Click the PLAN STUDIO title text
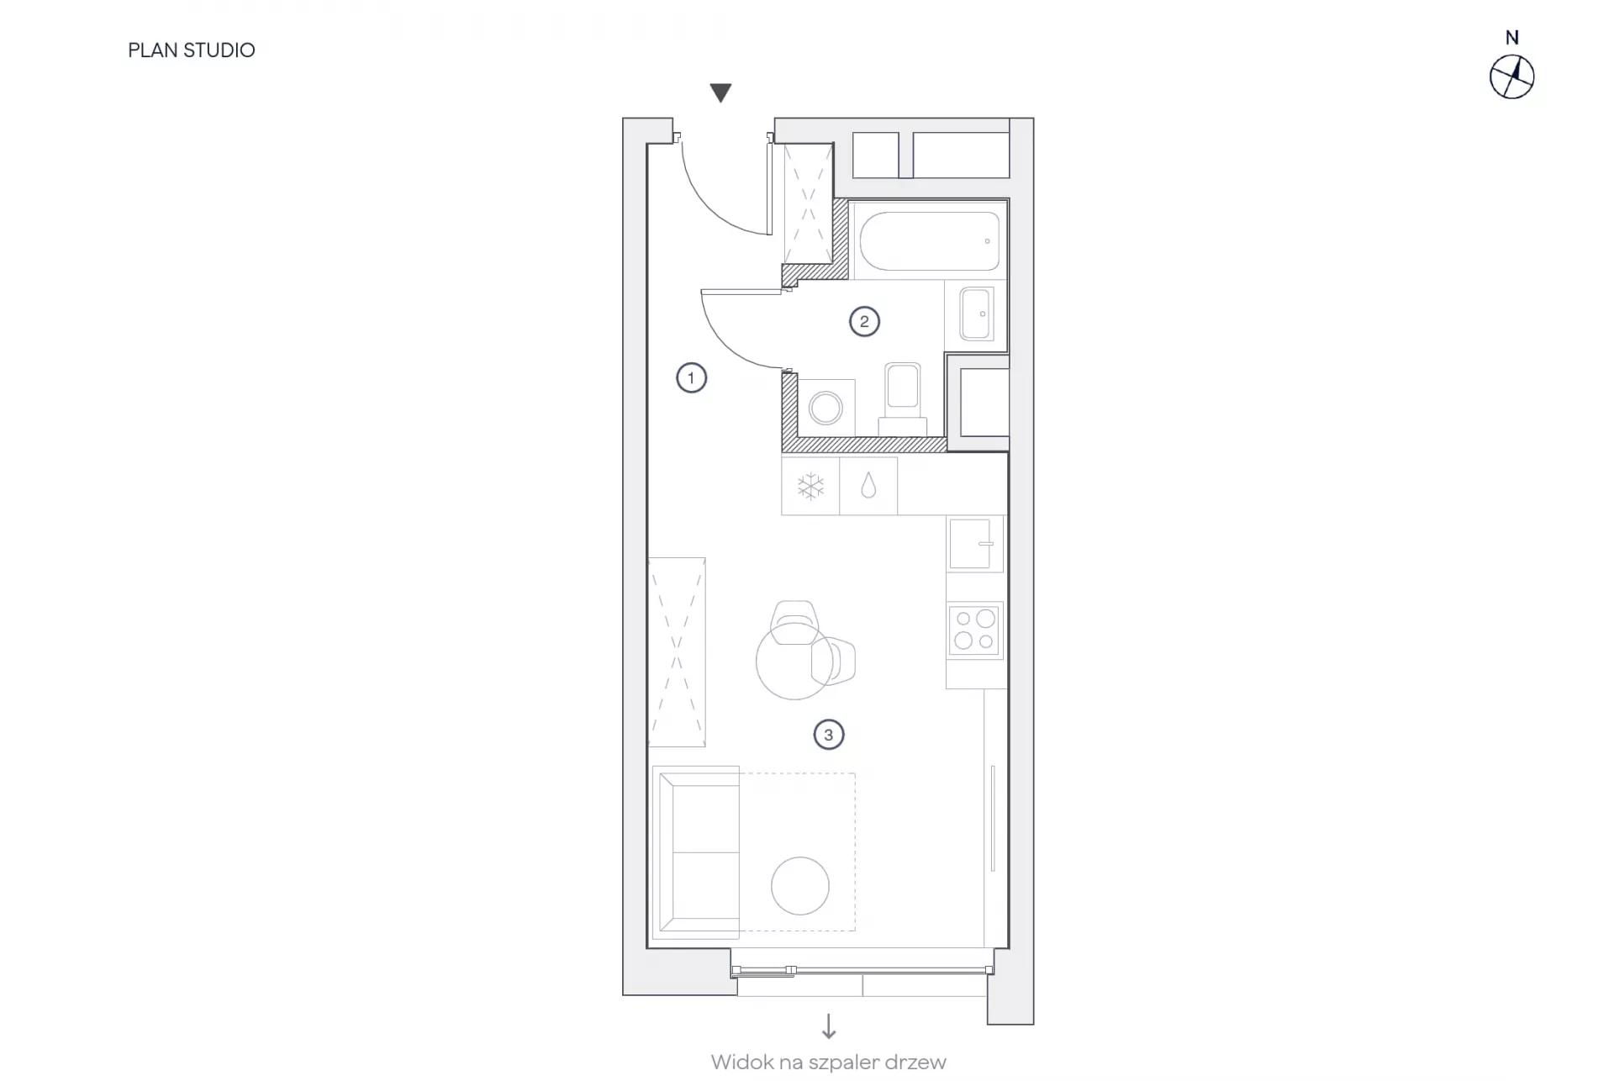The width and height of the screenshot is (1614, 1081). pyautogui.click(x=192, y=50)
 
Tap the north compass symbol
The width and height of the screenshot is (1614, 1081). pyautogui.click(x=1511, y=77)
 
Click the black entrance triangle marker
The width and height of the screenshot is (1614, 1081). pyautogui.click(x=720, y=92)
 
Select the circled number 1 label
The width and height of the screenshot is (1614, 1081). pyautogui.click(x=691, y=378)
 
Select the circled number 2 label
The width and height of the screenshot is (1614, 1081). pyautogui.click(x=864, y=321)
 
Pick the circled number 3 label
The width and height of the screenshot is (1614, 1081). pyautogui.click(x=828, y=735)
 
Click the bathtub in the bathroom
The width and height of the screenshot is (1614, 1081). pyautogui.click(x=929, y=240)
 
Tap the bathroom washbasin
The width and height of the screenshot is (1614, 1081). pyautogui.click(x=976, y=314)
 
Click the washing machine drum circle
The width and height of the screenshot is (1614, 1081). pyautogui.click(x=825, y=409)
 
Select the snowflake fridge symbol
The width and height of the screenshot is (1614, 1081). pyautogui.click(x=810, y=487)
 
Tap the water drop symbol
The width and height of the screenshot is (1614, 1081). pyautogui.click(x=868, y=486)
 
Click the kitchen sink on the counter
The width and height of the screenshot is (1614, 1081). pyautogui.click(x=975, y=544)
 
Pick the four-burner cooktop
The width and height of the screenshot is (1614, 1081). pyautogui.click(x=975, y=630)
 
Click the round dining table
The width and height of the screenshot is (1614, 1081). pyautogui.click(x=794, y=661)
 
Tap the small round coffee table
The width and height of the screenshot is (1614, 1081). pyautogui.click(x=800, y=886)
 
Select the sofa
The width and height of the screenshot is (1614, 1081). pyautogui.click(x=696, y=852)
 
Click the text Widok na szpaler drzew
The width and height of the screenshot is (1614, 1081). pyautogui.click(x=829, y=1063)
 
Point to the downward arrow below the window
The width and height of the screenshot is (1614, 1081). pyautogui.click(x=829, y=1026)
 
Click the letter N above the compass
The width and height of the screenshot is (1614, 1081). pyautogui.click(x=1511, y=38)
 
